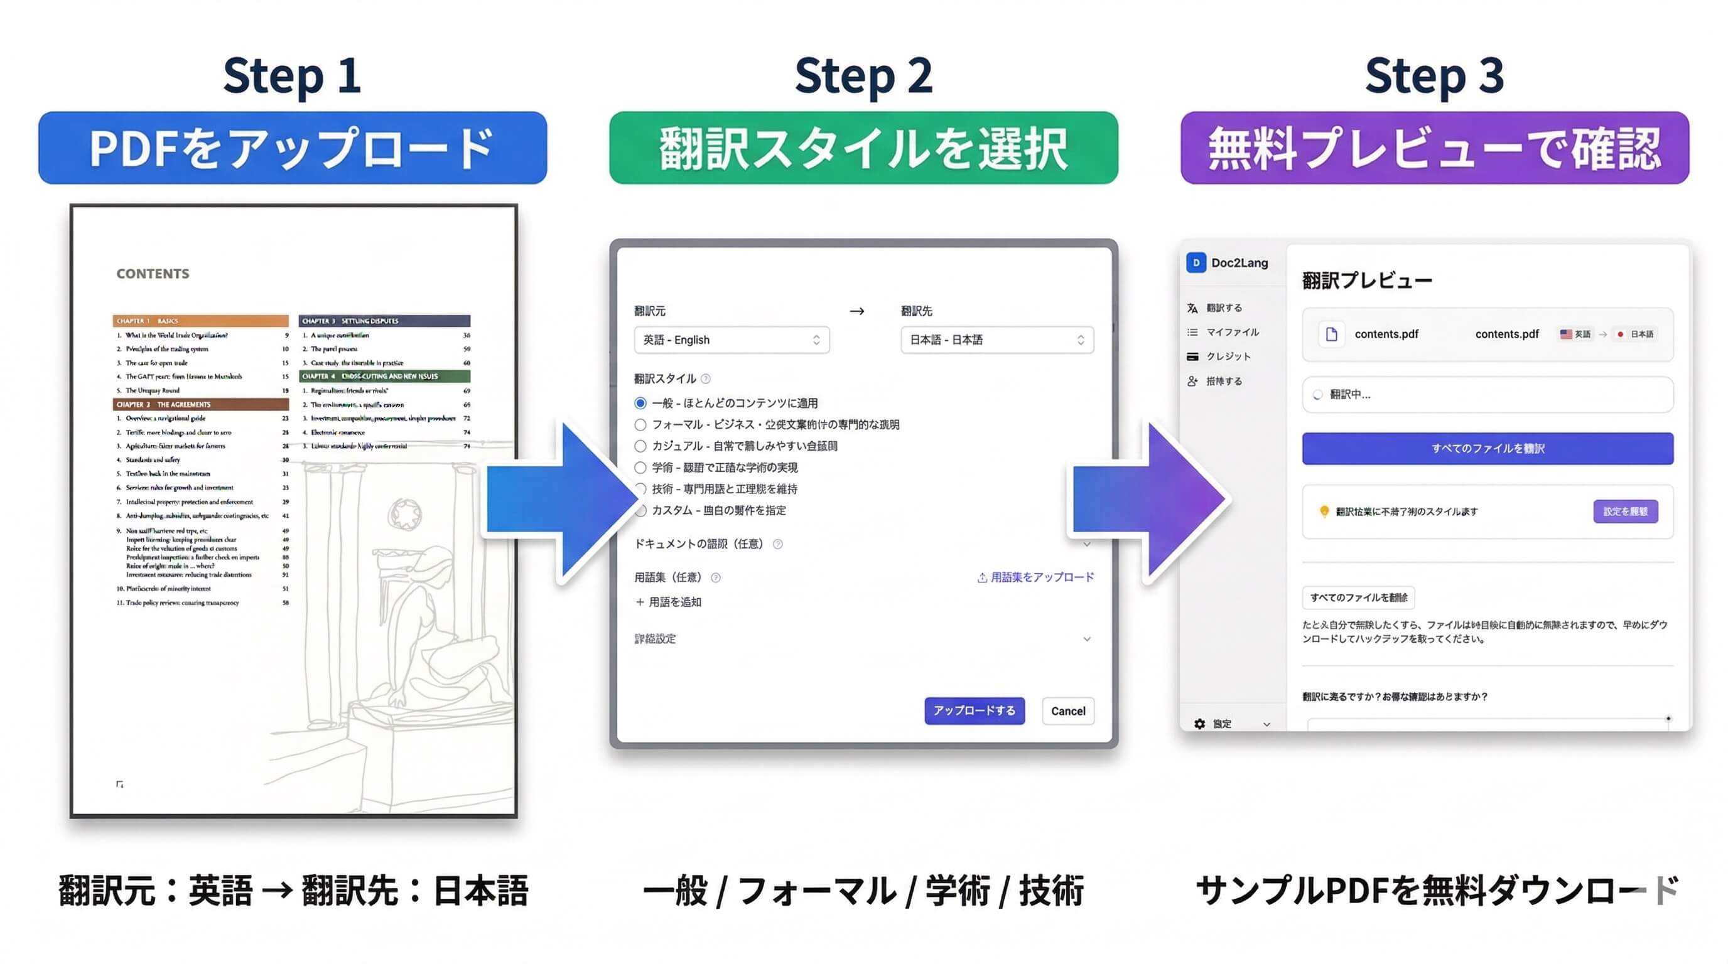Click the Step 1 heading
292,76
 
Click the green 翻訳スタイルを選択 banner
863,148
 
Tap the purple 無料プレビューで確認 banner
1434,148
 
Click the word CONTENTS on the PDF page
153,274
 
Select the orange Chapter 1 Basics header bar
200,321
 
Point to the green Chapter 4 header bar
384,376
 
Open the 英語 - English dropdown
731,340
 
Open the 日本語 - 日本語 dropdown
997,340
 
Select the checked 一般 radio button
640,403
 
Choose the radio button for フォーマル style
640,424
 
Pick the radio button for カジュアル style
640,446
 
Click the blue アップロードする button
974,710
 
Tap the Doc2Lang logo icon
1196,263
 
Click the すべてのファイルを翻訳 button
1487,449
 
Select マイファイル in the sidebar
1231,332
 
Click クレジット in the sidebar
1228,356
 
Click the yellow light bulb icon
1324,511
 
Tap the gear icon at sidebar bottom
1199,724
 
